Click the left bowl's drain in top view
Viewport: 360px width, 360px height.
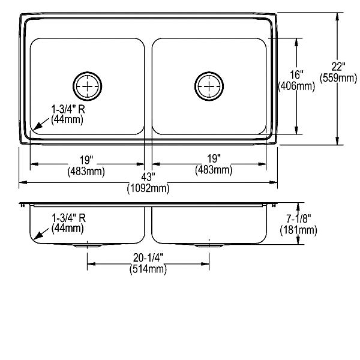[87, 86]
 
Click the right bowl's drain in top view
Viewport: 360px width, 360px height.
[209, 86]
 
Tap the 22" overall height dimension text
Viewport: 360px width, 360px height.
[338, 67]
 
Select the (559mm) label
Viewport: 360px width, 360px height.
[338, 78]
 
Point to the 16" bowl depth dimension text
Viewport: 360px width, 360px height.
[296, 75]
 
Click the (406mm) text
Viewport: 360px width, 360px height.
[296, 86]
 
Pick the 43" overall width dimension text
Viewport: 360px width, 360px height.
[148, 177]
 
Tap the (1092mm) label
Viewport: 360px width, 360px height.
[148, 188]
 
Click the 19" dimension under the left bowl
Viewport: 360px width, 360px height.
[86, 160]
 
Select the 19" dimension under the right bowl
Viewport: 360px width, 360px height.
[214, 158]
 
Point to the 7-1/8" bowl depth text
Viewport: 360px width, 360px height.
[298, 218]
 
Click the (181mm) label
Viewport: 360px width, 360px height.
[298, 230]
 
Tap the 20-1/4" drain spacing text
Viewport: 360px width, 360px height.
[148, 258]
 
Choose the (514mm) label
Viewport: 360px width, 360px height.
[148, 269]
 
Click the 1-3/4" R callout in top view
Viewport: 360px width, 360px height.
[68, 109]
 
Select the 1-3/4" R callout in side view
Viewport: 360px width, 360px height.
[68, 218]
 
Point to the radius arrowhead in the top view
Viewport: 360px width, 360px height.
[38, 126]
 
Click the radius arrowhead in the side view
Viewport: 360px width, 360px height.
[38, 235]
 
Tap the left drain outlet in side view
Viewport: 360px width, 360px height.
[87, 245]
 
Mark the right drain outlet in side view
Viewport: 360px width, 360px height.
[209, 245]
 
